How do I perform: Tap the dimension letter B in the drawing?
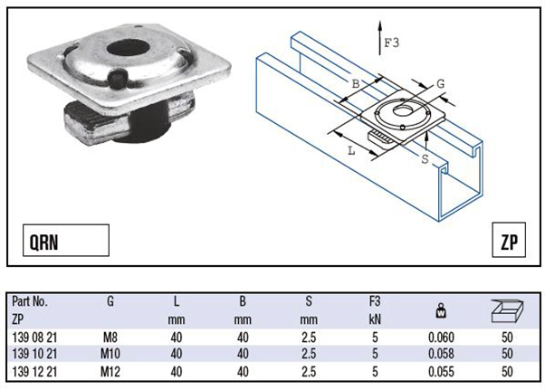pyautogui.click(x=355, y=85)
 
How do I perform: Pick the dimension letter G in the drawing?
pyautogui.click(x=440, y=84)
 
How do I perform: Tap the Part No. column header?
pyautogui.click(x=30, y=302)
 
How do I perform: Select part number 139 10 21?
pyautogui.click(x=34, y=353)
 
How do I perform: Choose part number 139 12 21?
pyautogui.click(x=34, y=370)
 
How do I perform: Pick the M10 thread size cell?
pyautogui.click(x=110, y=353)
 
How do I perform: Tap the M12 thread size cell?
pyautogui.click(x=110, y=370)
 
